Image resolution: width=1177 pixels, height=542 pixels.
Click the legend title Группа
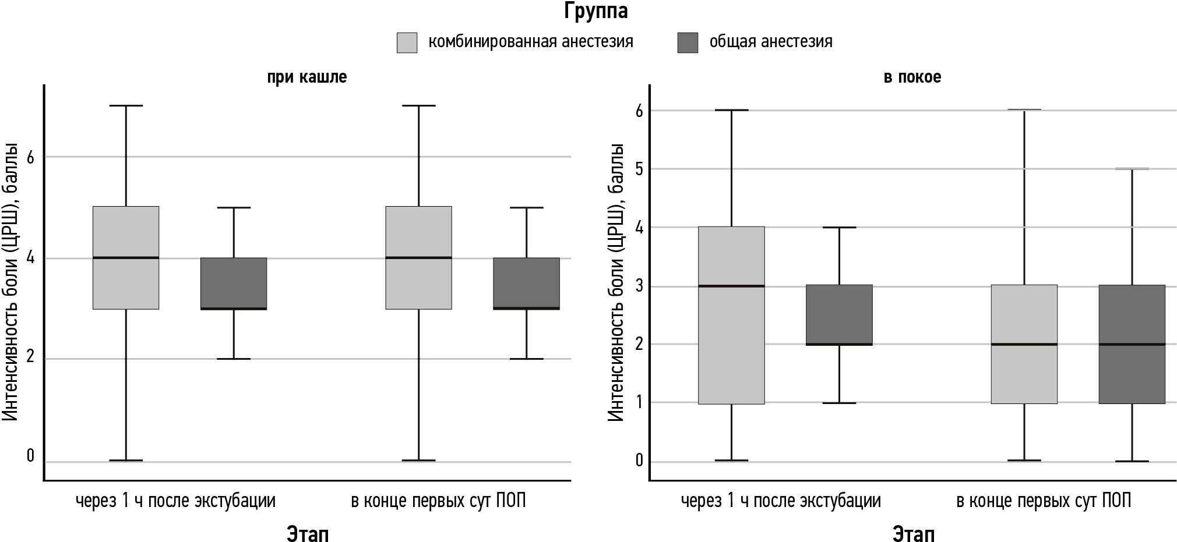595,12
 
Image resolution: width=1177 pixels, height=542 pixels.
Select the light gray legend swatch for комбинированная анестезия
407,42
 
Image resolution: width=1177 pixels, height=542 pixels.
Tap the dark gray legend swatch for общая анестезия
688,42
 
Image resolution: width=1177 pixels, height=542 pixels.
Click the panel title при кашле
307,77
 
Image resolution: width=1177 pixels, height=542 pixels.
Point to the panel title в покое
912,77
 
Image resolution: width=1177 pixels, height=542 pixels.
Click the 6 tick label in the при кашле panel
31,157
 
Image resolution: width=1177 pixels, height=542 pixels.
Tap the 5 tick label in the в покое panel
639,169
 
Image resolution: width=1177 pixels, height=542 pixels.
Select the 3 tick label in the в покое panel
639,286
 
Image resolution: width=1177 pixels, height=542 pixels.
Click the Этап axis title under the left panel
307,533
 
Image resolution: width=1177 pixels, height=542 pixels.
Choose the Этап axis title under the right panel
913,533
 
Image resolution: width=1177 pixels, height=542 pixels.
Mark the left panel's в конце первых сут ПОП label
438,501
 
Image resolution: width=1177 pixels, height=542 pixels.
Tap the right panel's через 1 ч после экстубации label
781,501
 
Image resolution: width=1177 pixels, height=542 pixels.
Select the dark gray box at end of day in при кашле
526,283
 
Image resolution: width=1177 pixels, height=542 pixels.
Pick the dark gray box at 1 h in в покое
839,315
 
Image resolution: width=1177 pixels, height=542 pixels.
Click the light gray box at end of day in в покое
1024,373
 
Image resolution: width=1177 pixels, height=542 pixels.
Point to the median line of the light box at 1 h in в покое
731,286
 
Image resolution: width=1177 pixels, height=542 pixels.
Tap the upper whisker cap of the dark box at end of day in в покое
1132,169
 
